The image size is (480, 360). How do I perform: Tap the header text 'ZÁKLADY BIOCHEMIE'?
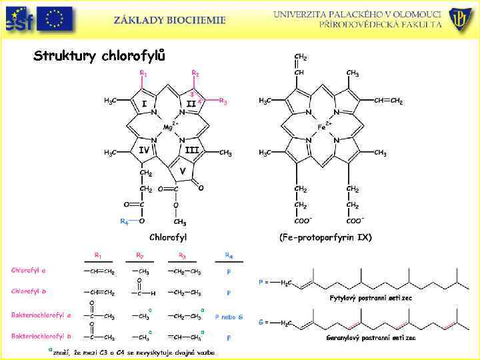[x=169, y=20]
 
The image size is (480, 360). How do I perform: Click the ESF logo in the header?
[x=16, y=19]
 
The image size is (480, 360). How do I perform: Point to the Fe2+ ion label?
[x=323, y=125]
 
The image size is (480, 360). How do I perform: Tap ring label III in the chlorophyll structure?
[x=192, y=150]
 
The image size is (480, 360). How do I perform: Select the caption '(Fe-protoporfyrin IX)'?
[x=325, y=237]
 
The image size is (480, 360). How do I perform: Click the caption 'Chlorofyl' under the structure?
[x=168, y=237]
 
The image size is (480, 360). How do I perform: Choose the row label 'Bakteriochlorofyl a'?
[x=41, y=314]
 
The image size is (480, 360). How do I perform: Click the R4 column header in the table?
[x=229, y=255]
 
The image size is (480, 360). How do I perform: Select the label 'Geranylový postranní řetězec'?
[x=371, y=337]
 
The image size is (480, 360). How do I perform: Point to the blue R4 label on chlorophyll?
[x=124, y=221]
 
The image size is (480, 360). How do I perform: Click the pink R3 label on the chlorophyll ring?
[x=223, y=102]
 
